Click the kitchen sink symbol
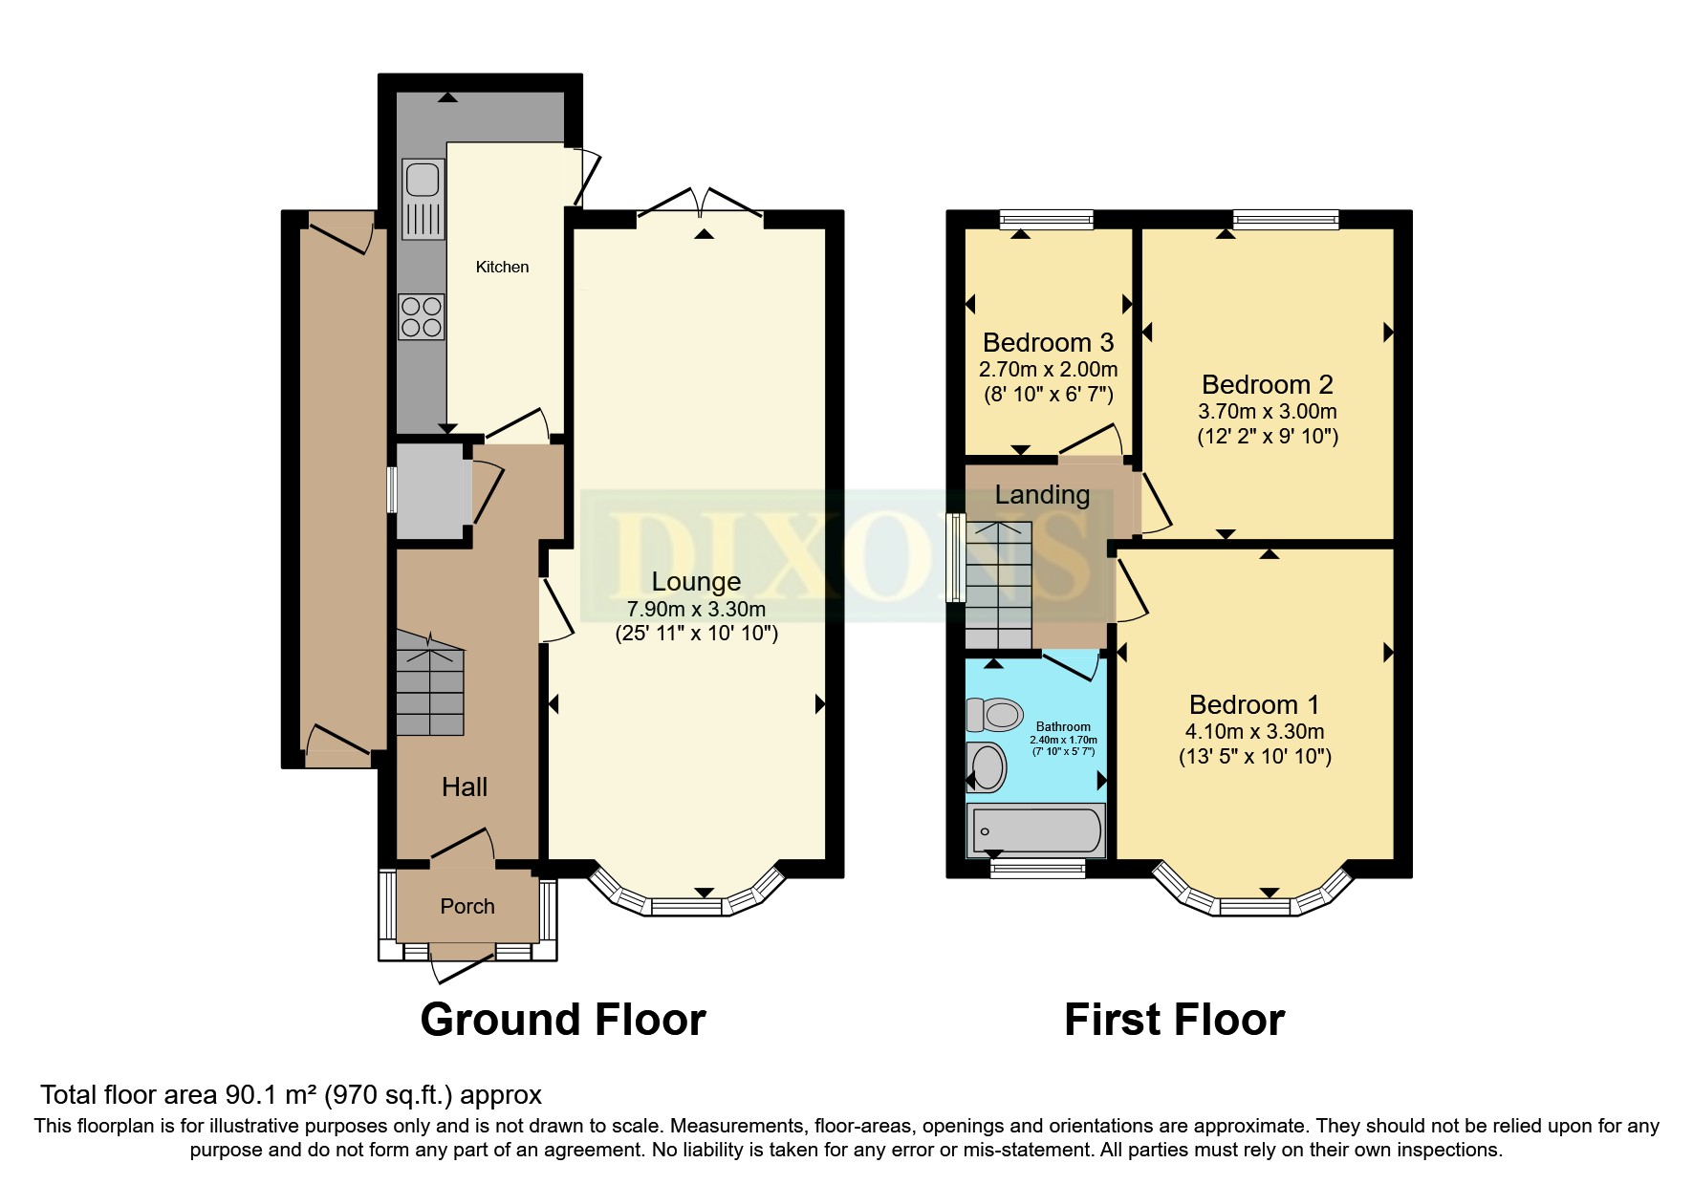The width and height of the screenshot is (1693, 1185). pyautogui.click(x=423, y=199)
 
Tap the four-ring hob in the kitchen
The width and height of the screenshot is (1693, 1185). pyautogui.click(x=422, y=317)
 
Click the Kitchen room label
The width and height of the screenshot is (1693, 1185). pyautogui.click(x=502, y=267)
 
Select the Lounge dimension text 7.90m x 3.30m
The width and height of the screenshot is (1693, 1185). pyautogui.click(x=696, y=608)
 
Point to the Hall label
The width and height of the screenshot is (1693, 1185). pyautogui.click(x=465, y=786)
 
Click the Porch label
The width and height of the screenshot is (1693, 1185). pyautogui.click(x=467, y=906)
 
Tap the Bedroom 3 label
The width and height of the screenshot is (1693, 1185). pyautogui.click(x=1048, y=342)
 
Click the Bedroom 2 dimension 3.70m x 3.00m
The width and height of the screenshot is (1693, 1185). pyautogui.click(x=1268, y=412)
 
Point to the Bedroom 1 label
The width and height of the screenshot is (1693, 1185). pyautogui.click(x=1254, y=704)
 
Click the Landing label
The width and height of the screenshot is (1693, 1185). pyautogui.click(x=1042, y=494)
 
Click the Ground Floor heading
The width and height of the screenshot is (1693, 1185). pyautogui.click(x=563, y=1020)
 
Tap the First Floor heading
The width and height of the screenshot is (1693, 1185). pyautogui.click(x=1174, y=1020)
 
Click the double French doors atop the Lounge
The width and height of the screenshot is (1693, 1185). pyautogui.click(x=701, y=203)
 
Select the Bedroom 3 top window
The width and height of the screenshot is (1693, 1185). pyautogui.click(x=1046, y=220)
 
